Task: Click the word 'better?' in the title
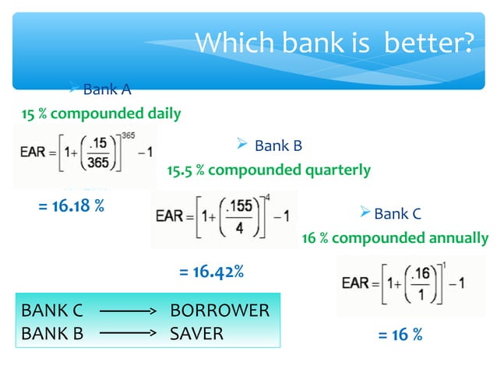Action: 428,43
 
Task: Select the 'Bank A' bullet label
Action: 101,89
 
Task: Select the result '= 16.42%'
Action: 212,272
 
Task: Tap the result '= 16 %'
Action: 400,335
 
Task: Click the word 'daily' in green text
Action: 164,114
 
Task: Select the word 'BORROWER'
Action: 220,311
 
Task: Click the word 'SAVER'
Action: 196,333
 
